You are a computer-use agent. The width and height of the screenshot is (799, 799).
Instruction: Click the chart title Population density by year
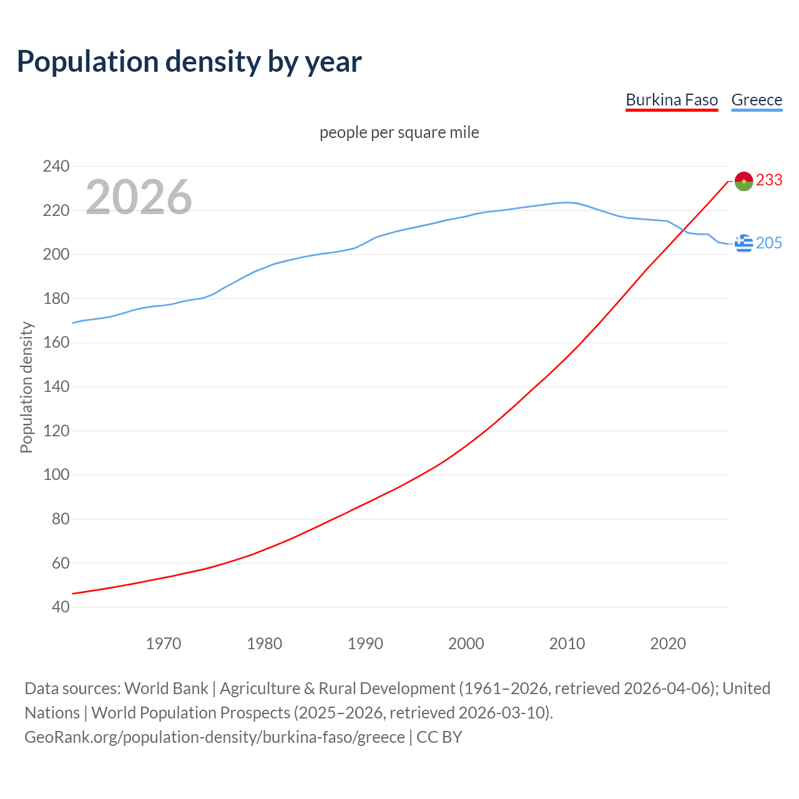click(x=189, y=62)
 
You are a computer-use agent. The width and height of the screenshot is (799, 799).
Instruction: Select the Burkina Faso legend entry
click(x=672, y=100)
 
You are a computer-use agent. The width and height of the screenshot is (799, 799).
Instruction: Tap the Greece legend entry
click(x=757, y=100)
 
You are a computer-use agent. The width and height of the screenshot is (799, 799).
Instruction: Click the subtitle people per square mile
click(x=399, y=133)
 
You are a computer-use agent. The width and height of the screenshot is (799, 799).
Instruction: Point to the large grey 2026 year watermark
click(x=139, y=197)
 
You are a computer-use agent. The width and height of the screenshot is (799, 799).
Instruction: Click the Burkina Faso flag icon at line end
click(x=743, y=181)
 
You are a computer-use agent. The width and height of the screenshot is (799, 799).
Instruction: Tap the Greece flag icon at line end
click(x=743, y=243)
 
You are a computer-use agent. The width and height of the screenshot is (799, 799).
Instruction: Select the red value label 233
click(x=769, y=180)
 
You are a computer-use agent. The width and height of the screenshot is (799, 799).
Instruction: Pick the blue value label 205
click(x=769, y=243)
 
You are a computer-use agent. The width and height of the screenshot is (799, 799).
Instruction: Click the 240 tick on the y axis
click(x=56, y=167)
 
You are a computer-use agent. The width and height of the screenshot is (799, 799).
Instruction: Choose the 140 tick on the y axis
click(x=56, y=387)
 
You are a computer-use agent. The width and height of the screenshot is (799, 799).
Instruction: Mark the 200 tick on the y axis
click(x=56, y=255)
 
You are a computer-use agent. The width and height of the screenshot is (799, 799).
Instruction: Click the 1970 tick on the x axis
click(x=164, y=644)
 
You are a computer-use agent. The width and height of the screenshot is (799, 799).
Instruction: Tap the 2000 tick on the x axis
click(x=466, y=644)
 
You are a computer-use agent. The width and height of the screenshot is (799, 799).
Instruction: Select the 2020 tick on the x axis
click(x=668, y=644)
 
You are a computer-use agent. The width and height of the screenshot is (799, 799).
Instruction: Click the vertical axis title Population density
click(x=26, y=387)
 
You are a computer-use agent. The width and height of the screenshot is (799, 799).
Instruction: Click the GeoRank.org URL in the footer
click(x=215, y=737)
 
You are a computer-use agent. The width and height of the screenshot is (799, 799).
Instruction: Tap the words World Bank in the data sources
click(x=166, y=689)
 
